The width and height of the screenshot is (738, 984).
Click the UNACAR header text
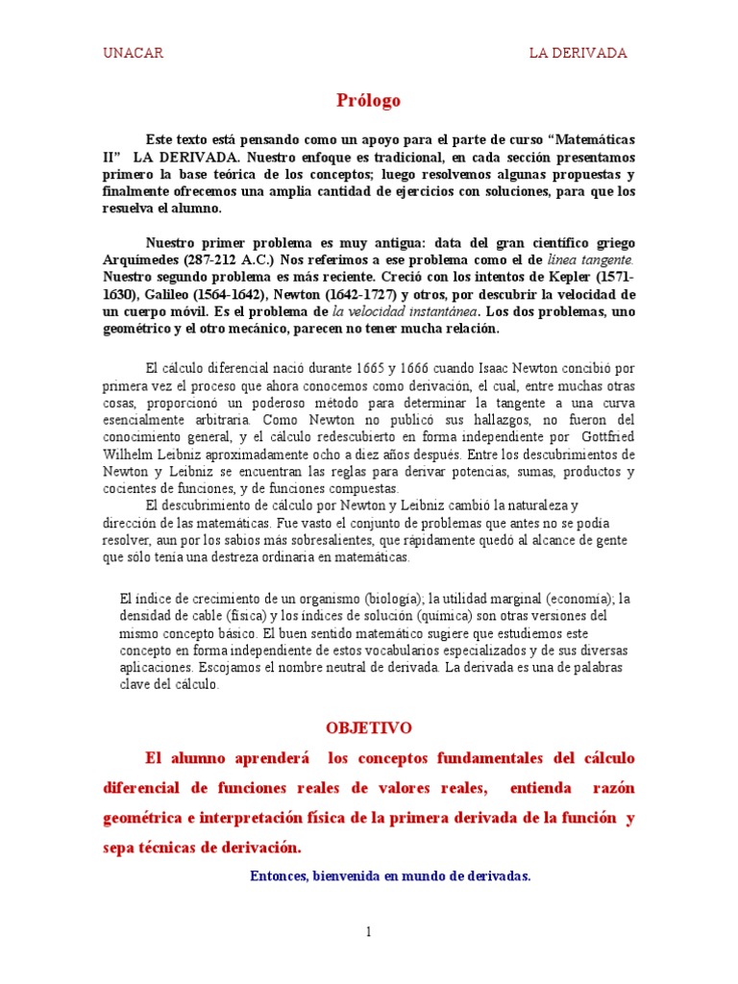click(x=133, y=53)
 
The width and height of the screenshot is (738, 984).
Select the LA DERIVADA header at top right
click(x=578, y=53)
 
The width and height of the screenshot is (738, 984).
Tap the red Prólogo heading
click(x=368, y=101)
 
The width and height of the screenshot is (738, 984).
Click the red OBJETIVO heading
click(x=369, y=728)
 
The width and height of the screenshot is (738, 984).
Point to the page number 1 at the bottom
click(x=368, y=931)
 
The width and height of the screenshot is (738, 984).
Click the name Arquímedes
click(x=143, y=260)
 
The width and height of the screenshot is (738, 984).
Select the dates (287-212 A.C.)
click(x=234, y=260)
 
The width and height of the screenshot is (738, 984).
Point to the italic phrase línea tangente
click(x=590, y=260)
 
